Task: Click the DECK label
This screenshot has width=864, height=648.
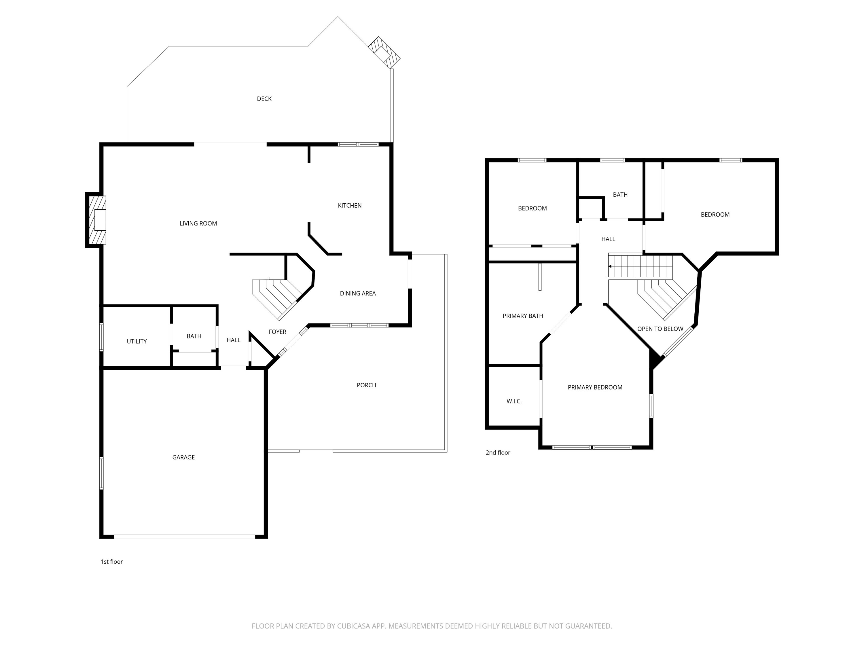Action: (264, 99)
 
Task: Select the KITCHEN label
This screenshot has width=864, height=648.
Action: (350, 205)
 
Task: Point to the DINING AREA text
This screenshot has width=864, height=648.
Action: (357, 293)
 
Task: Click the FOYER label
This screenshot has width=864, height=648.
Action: (277, 332)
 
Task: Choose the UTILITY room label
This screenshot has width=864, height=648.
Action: (137, 341)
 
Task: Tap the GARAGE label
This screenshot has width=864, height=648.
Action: (183, 457)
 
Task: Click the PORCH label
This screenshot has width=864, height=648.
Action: (366, 385)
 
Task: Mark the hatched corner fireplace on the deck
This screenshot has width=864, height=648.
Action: (384, 53)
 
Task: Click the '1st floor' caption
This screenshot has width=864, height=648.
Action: (112, 562)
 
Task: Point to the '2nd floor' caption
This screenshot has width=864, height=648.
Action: (498, 453)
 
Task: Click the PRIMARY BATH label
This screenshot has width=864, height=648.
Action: (523, 316)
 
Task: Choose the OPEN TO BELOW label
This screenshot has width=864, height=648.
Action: (660, 329)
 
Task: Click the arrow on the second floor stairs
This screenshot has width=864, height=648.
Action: (610, 266)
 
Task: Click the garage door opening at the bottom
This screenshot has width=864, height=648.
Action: (184, 537)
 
